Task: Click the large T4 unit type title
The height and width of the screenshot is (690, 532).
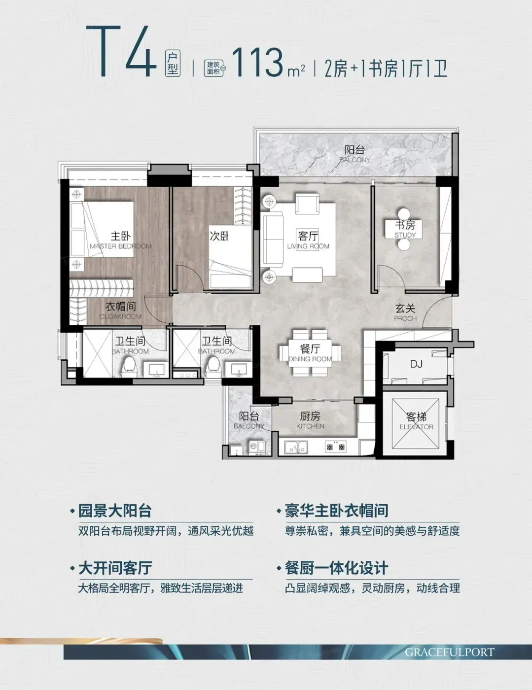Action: (x=122, y=51)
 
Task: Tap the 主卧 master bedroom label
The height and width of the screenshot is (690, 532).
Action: (x=121, y=236)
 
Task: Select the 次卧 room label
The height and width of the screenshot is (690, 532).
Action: (x=219, y=236)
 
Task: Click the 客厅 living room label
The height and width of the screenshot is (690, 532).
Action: (x=308, y=236)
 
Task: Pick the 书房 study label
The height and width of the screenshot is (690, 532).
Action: (x=405, y=225)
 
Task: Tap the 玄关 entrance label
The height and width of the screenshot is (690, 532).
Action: (x=405, y=309)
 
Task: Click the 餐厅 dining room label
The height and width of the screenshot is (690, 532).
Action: (x=310, y=348)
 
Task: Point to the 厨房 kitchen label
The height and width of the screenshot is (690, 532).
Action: (x=310, y=416)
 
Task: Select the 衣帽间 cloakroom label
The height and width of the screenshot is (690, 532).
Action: (x=121, y=307)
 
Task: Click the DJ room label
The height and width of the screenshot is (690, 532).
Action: (x=416, y=364)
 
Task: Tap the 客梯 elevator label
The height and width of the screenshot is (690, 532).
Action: (x=416, y=417)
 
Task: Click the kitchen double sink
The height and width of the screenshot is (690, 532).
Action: (x=296, y=447)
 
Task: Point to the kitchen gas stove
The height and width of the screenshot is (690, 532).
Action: (x=335, y=447)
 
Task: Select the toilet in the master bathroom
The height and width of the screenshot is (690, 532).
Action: (x=129, y=367)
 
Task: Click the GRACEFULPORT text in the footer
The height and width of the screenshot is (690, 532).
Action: (x=450, y=652)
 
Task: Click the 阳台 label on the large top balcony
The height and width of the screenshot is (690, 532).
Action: (x=355, y=150)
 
